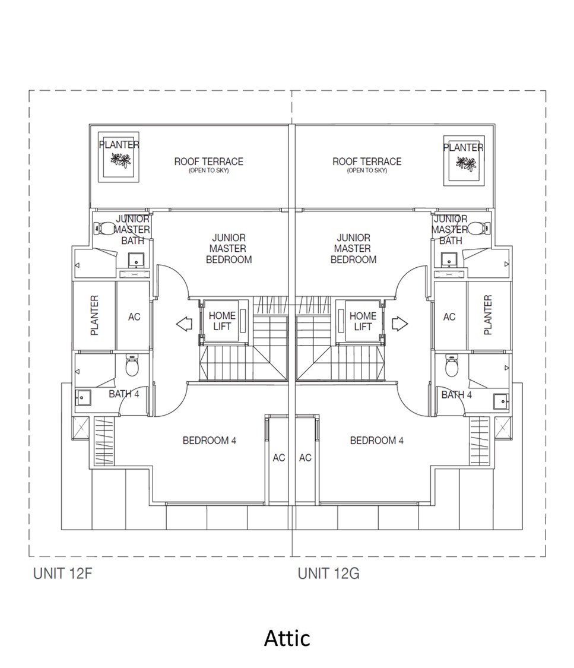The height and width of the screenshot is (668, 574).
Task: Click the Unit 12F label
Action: (62, 574)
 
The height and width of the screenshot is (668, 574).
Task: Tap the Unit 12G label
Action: (328, 574)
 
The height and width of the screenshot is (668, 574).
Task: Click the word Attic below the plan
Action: (287, 638)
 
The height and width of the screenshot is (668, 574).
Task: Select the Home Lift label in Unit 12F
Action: (221, 321)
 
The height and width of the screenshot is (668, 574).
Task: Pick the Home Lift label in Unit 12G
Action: (363, 321)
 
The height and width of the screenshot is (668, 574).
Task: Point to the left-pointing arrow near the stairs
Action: (185, 324)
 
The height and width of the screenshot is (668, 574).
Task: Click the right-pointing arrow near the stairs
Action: (400, 324)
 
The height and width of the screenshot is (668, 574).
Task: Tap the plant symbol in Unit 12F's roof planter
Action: (120, 160)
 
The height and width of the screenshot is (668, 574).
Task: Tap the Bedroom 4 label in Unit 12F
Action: (209, 441)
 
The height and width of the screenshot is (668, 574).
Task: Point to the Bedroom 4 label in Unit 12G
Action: (376, 441)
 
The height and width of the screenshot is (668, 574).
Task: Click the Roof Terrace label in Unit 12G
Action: (367, 162)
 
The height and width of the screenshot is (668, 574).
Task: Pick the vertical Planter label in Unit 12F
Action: (94, 315)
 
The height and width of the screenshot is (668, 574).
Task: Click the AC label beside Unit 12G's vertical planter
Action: (449, 317)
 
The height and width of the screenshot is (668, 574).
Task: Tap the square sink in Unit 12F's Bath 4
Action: (82, 398)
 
